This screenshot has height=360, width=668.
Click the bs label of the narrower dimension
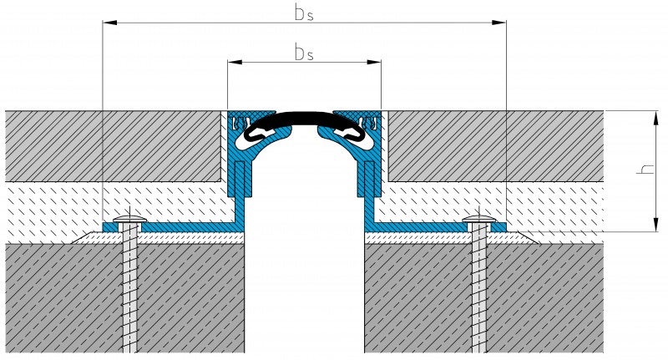tap(304, 53)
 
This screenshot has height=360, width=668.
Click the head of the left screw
tap(129, 220)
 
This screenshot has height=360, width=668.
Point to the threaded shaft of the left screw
tap(129, 292)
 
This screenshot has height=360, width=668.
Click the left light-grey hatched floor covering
tap(109, 146)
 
